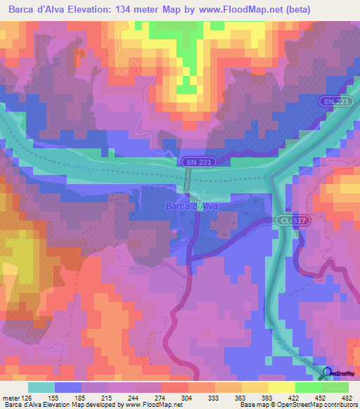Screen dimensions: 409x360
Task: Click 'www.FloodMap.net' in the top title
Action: coord(231,9)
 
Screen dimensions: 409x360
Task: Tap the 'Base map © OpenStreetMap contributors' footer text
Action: coord(298,405)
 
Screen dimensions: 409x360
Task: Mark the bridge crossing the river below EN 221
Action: coord(187,181)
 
